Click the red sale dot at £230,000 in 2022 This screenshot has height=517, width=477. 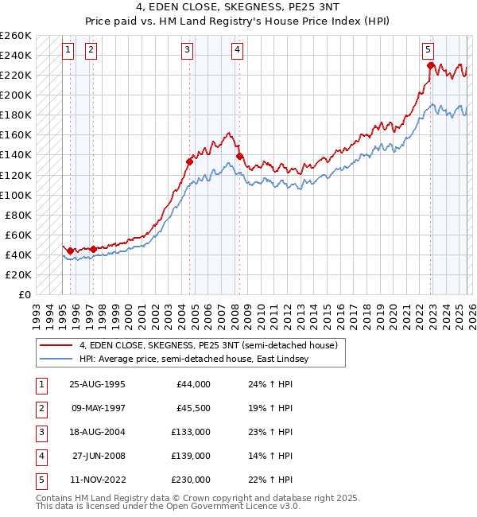(x=430, y=65)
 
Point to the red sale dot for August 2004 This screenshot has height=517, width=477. (x=189, y=161)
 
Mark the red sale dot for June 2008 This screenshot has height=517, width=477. (x=240, y=156)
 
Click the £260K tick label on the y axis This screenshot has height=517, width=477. (x=16, y=36)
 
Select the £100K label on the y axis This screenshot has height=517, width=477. (x=16, y=195)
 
